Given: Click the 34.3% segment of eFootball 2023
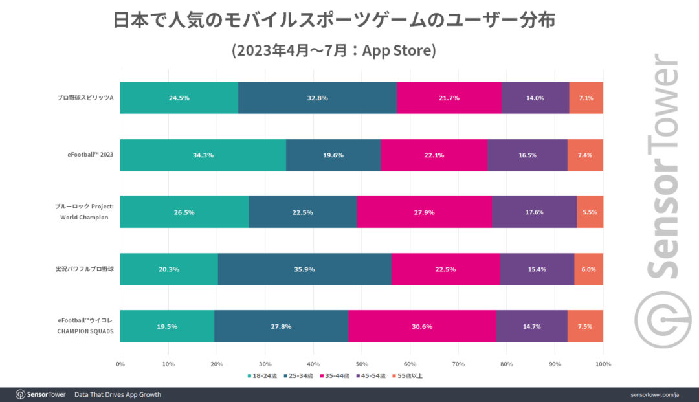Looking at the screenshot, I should click(203, 155).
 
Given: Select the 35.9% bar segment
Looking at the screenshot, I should click(304, 269).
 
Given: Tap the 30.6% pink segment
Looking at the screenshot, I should click(422, 326).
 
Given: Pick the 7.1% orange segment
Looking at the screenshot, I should click(586, 98).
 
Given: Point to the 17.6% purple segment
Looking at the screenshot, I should click(534, 212).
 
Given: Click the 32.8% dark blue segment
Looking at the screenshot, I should click(317, 98).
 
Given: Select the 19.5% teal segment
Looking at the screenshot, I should click(166, 326).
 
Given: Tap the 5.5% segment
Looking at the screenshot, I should click(590, 212).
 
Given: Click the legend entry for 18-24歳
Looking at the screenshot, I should click(261, 375).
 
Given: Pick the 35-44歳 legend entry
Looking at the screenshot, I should click(335, 375).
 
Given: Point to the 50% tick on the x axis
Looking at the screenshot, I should click(362, 364).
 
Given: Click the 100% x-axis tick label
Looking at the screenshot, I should click(603, 364).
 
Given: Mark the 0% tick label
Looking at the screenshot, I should click(120, 364).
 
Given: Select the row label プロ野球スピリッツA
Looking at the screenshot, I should click(85, 98).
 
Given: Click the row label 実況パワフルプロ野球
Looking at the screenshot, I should click(85, 269).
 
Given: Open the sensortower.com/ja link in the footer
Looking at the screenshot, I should click(653, 394).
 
